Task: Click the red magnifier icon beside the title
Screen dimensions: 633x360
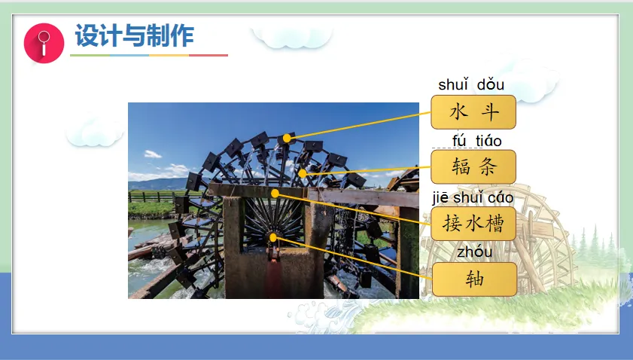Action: (44, 43)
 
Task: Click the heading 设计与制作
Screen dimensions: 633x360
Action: (135, 35)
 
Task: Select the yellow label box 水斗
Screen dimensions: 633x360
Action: (473, 112)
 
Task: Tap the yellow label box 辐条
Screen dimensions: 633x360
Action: (473, 166)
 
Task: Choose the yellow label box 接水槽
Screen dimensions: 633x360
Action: (473, 224)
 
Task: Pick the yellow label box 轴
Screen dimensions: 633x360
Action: (474, 279)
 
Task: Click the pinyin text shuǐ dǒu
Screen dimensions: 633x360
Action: (471, 85)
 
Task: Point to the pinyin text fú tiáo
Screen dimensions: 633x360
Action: (476, 141)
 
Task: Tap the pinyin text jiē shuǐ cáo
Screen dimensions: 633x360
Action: (473, 197)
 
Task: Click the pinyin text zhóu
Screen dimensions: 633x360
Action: (474, 252)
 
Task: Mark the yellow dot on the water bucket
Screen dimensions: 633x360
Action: (287, 139)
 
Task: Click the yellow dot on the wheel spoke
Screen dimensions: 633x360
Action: (303, 174)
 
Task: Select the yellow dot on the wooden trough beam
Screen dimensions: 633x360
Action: (275, 194)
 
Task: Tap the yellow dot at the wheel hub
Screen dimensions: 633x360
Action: (273, 237)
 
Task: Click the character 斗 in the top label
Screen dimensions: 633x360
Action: (489, 112)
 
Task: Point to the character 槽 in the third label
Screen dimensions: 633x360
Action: (495, 224)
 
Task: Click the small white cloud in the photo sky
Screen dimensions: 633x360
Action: (153, 154)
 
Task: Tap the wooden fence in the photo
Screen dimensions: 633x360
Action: (151, 197)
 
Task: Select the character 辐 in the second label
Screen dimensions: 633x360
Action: (461, 166)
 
